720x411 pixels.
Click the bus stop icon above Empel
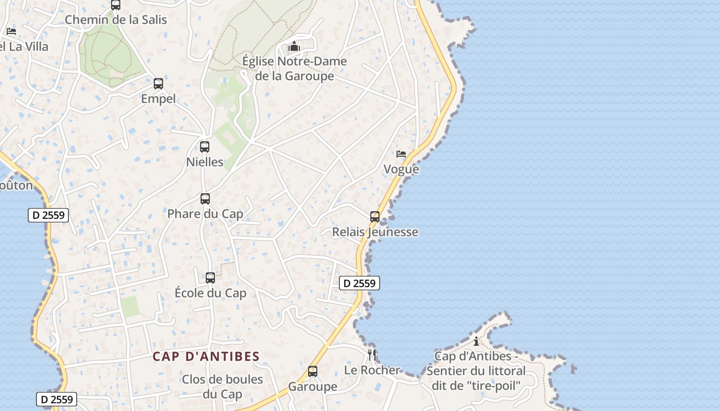(158, 84)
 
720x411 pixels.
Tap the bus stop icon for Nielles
(205, 147)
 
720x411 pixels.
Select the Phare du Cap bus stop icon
(205, 199)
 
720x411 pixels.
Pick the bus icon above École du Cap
(210, 278)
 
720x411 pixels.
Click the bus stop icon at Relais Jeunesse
(375, 217)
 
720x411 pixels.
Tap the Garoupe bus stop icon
(313, 371)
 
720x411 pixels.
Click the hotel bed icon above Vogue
(401, 154)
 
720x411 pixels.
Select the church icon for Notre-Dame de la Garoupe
(294, 47)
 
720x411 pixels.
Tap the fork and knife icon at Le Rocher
(372, 355)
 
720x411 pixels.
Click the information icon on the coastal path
(476, 341)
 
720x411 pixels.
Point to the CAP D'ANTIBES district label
(206, 356)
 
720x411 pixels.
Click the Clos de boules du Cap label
(222, 387)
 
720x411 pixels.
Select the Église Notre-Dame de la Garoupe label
(295, 69)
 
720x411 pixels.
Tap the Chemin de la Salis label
(116, 20)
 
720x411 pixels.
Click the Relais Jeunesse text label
(375, 232)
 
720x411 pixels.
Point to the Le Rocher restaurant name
(372, 370)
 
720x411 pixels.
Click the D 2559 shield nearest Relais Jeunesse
(359, 283)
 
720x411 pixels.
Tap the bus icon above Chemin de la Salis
(116, 5)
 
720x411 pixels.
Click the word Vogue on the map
(401, 170)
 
